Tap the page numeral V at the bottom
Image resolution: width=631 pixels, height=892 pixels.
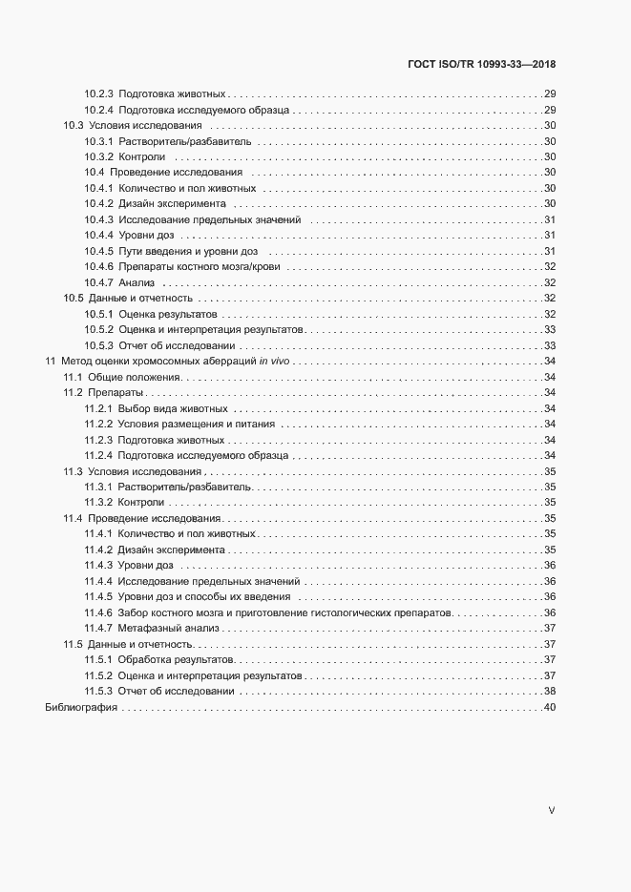click(551, 810)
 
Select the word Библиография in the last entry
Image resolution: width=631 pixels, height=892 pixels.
click(80, 707)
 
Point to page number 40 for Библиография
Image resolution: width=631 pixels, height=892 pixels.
click(549, 707)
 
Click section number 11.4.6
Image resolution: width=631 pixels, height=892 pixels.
click(99, 612)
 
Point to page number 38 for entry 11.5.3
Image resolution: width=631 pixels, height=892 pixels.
click(549, 691)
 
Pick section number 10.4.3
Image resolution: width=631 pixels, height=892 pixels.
click(99, 219)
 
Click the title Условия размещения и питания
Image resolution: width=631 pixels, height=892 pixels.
click(197, 424)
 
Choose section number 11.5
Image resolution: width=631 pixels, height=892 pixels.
click(73, 644)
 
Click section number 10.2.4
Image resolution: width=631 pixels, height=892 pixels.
click(99, 111)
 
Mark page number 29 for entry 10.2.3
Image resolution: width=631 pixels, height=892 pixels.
click(549, 94)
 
